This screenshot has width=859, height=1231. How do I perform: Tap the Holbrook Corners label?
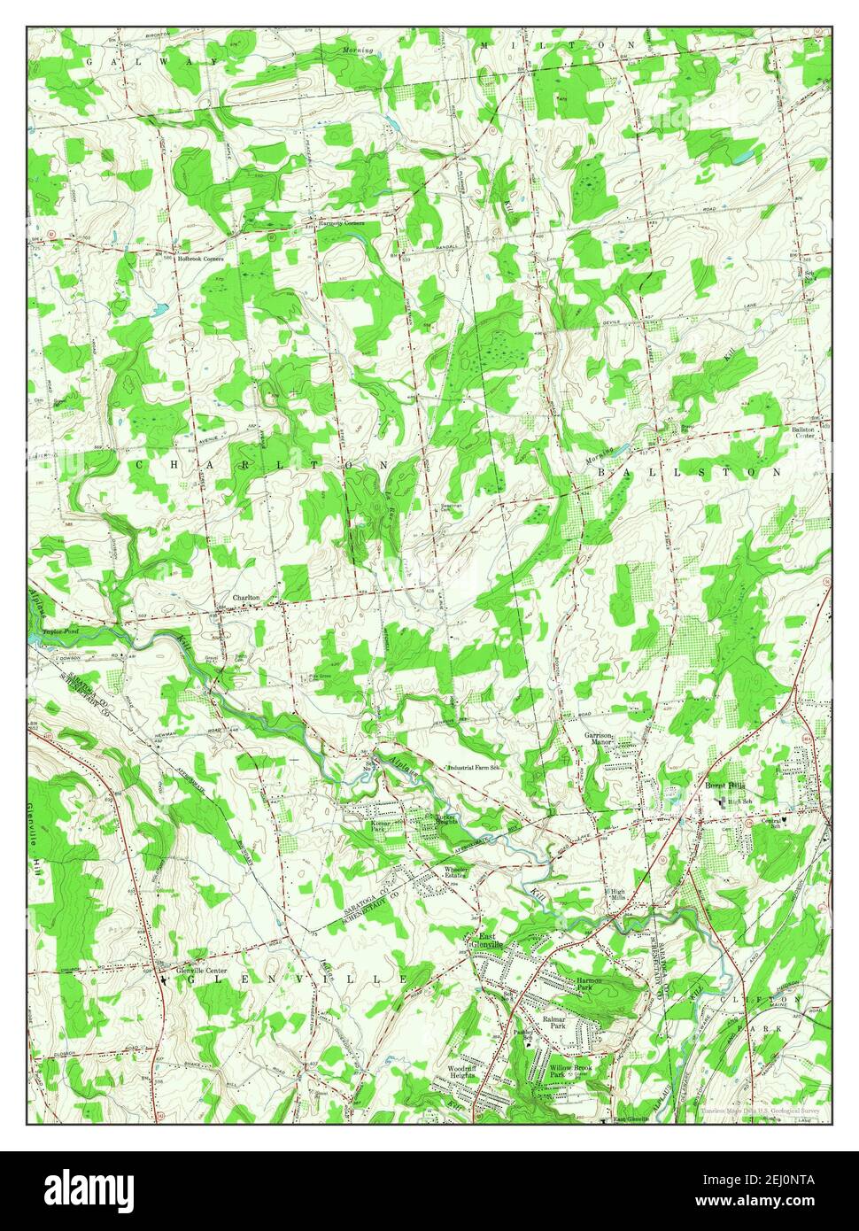[199, 259]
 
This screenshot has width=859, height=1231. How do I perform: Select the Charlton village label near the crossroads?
[246, 598]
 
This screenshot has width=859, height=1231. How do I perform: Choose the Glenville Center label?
[203, 968]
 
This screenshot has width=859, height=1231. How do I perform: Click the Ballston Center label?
[803, 432]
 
